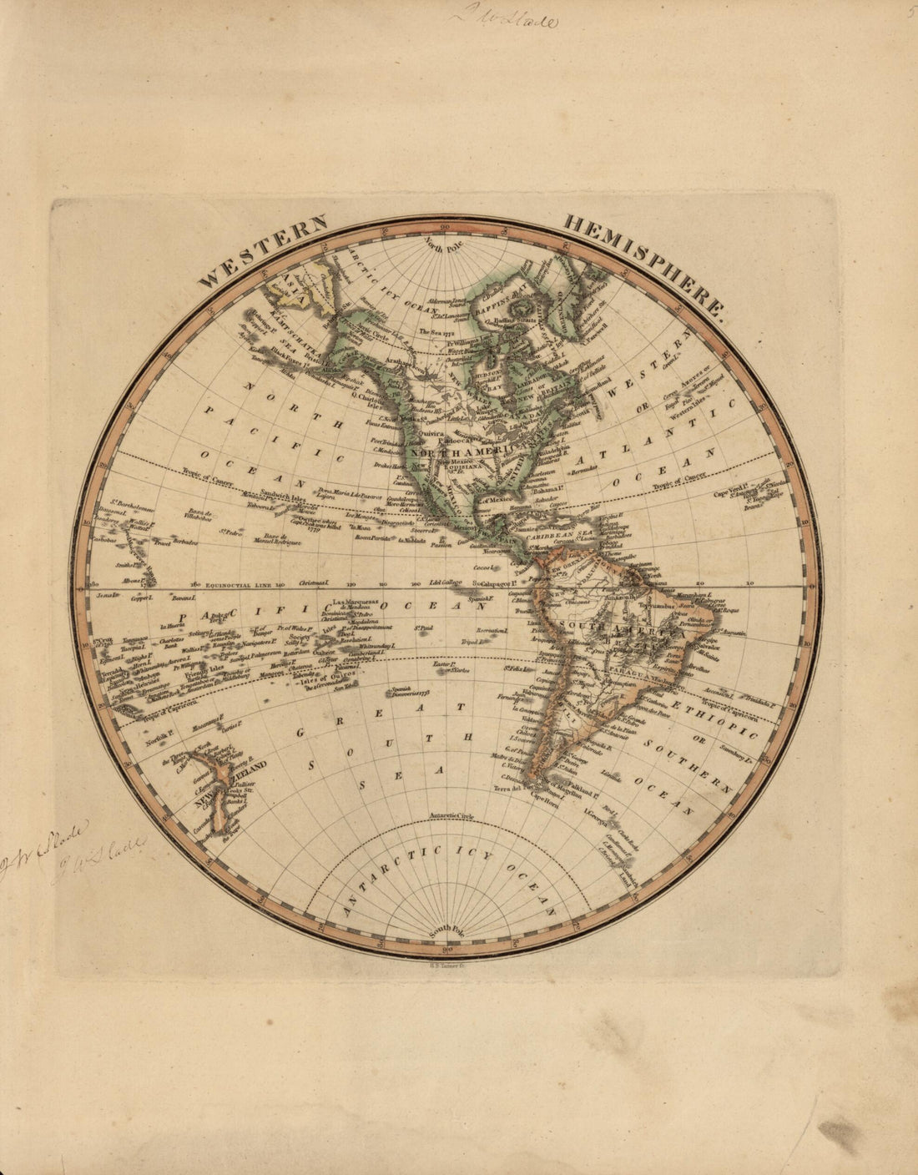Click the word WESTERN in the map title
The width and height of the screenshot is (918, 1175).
pos(264,251)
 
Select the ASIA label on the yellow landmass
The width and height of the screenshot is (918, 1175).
pos(294,281)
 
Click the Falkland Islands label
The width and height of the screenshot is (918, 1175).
pos(582,787)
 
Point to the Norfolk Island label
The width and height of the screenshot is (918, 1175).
pos(157,737)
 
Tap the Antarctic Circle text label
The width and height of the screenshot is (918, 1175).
pos(451,814)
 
